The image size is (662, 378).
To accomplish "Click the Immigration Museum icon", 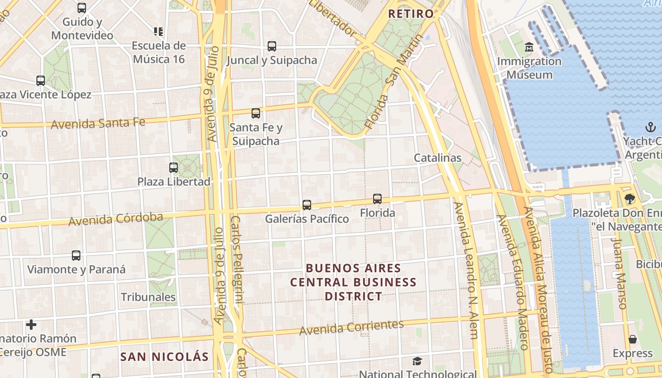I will click(x=529, y=47).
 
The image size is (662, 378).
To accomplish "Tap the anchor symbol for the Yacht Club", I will click(x=651, y=127).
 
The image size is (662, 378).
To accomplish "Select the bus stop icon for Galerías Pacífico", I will click(x=307, y=205).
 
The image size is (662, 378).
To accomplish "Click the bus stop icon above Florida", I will click(x=377, y=199).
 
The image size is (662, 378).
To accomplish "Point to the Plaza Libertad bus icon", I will click(x=174, y=168).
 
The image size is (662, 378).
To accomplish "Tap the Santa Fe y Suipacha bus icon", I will click(x=256, y=113).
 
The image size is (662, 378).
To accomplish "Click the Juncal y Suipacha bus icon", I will click(x=272, y=46).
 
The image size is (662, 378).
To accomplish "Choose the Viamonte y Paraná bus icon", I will click(x=76, y=256).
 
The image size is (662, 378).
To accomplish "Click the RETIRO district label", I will click(x=410, y=14).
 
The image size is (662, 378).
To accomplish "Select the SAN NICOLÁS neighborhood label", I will click(x=164, y=357).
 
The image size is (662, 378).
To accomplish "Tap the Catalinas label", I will click(x=437, y=158).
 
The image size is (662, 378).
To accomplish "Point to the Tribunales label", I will click(x=148, y=297).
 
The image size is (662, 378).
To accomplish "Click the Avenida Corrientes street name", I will click(x=351, y=327).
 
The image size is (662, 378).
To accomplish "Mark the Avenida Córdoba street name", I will click(x=116, y=219).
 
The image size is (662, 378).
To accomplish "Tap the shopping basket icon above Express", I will click(x=633, y=339).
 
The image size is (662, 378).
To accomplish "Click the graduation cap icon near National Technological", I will click(x=417, y=361).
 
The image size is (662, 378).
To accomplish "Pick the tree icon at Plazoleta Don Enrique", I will click(x=629, y=199).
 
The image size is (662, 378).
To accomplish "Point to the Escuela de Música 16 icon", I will click(x=158, y=32).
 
